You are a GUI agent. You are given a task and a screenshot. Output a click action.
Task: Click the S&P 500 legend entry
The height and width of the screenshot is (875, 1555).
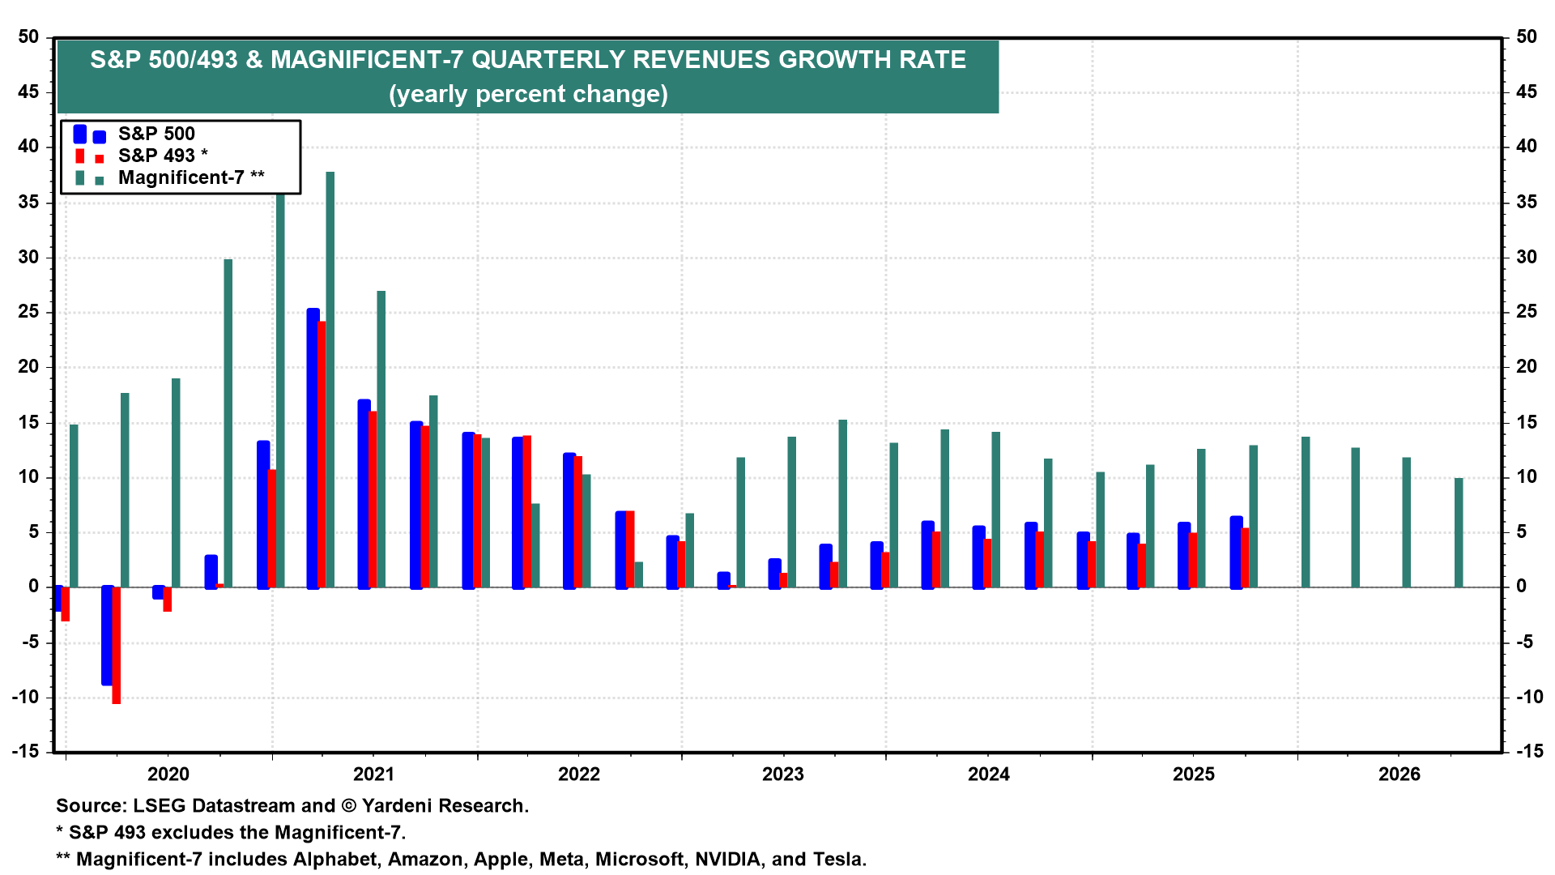156,134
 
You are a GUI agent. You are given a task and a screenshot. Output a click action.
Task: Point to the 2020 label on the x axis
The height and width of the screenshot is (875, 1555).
168,775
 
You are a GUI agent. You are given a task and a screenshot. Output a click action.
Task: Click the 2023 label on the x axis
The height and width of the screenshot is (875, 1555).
783,775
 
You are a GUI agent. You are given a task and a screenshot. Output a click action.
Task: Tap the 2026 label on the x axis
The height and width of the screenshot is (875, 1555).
1399,775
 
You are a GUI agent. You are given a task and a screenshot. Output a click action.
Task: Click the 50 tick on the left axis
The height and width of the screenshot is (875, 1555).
28,36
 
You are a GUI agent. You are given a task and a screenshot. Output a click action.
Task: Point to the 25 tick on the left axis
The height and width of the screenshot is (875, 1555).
28,312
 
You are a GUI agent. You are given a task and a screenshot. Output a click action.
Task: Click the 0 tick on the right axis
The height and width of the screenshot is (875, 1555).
1520,586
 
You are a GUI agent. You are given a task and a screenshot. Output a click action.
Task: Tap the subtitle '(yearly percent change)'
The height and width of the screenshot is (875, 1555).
528,94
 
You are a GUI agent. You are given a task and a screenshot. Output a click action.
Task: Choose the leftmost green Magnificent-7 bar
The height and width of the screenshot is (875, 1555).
74,506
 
